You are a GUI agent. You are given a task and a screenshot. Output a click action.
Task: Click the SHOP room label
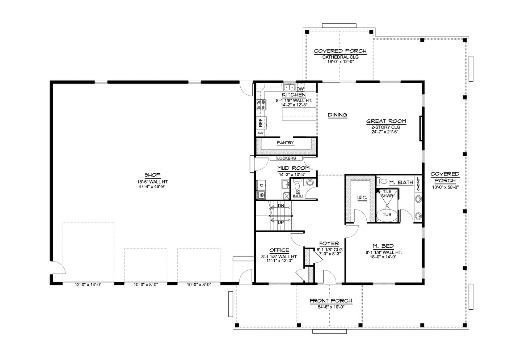click(152, 175)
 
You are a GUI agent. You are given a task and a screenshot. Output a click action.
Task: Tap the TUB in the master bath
click(387, 215)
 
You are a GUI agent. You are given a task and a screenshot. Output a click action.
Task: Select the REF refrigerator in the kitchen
click(261, 122)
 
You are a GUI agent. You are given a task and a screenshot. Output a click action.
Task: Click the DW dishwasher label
click(300, 89)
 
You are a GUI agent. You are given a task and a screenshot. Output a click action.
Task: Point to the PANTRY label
click(285, 143)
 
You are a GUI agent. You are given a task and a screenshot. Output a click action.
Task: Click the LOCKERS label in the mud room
click(286, 158)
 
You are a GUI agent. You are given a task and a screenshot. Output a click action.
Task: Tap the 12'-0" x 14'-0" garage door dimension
click(88, 285)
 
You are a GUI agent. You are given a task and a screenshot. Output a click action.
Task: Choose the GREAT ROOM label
click(386, 121)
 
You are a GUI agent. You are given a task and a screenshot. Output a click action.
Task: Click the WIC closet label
click(362, 198)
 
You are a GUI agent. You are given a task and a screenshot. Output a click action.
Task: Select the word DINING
click(337, 115)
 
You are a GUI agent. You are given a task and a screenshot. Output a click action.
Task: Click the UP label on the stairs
click(281, 223)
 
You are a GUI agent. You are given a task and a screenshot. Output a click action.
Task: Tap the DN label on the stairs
click(281, 206)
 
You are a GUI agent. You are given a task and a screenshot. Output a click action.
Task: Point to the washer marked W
click(261, 194)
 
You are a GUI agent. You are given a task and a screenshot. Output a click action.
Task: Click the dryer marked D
click(261, 185)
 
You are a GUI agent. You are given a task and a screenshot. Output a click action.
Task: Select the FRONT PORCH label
click(331, 301)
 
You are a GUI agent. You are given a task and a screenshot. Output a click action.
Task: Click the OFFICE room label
click(279, 250)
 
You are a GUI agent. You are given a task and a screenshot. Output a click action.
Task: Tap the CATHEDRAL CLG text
click(341, 57)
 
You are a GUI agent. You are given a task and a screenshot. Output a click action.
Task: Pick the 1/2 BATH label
click(298, 194)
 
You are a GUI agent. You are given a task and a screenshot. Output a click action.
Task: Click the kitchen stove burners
click(261, 105)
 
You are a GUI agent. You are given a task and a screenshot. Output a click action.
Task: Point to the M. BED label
click(383, 246)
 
